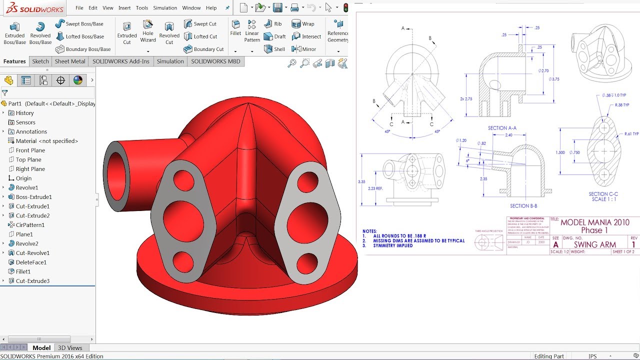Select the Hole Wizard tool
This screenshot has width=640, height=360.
(x=148, y=25)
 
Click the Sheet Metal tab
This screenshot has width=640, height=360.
(x=70, y=61)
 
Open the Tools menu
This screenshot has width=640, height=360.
(x=142, y=8)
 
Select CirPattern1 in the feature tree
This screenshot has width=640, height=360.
(x=30, y=225)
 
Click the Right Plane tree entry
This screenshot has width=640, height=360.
(x=30, y=169)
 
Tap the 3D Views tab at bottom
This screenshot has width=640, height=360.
(x=70, y=348)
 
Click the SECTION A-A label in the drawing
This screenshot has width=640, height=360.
(x=502, y=128)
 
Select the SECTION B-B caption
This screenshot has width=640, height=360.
(x=523, y=206)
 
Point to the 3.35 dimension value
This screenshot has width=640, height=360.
(x=361, y=182)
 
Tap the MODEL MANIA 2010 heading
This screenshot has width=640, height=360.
(x=594, y=222)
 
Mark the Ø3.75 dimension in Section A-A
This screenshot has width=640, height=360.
(x=554, y=79)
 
